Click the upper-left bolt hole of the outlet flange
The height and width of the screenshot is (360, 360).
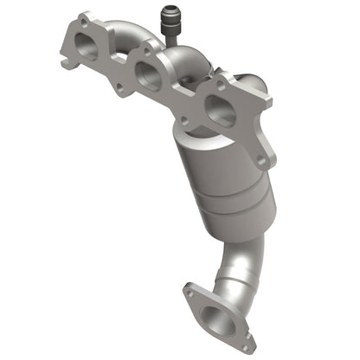pyautogui.click(x=190, y=293)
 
